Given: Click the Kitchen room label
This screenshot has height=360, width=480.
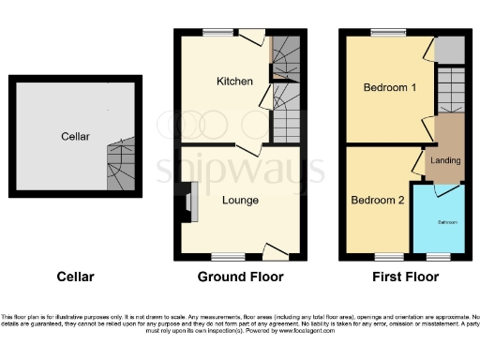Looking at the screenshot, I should (234, 82).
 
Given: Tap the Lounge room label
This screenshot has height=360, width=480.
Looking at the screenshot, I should (240, 200).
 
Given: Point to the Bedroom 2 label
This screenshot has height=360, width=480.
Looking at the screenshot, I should (378, 200).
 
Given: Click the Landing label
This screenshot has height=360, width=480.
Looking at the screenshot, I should (444, 161).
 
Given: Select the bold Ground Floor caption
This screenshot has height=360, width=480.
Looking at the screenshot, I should (240, 277).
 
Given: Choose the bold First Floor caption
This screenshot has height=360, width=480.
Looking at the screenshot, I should (402, 277).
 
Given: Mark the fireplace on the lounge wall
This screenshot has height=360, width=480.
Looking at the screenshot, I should (187, 202).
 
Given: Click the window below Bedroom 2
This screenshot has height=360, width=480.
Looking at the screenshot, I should (385, 256).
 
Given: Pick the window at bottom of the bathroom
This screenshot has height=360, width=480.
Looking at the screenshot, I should (438, 256).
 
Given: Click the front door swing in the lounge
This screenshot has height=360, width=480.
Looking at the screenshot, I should (273, 249).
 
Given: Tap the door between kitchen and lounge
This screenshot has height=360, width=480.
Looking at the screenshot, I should (247, 150).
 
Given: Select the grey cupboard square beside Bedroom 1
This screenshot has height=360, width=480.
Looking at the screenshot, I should (449, 50).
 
